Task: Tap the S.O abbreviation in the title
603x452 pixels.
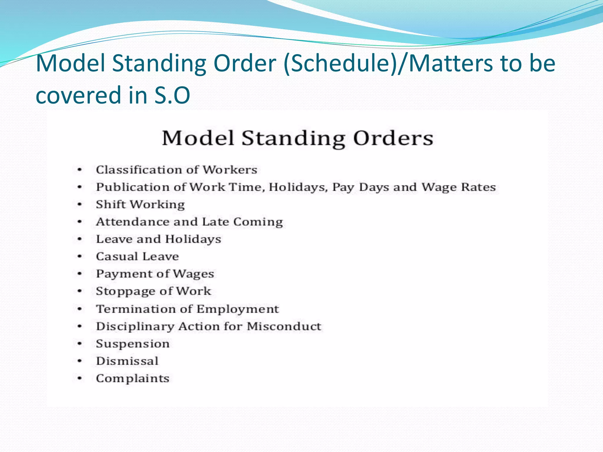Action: (x=172, y=95)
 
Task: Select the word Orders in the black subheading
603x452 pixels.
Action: (x=393, y=138)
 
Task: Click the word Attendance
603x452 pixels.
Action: (x=133, y=222)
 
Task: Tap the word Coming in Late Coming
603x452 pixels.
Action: (x=258, y=222)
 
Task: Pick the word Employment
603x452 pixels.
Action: (x=237, y=309)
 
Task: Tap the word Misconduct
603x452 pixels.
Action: (x=284, y=326)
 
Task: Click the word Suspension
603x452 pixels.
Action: (x=133, y=344)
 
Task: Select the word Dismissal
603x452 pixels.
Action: (x=127, y=361)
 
